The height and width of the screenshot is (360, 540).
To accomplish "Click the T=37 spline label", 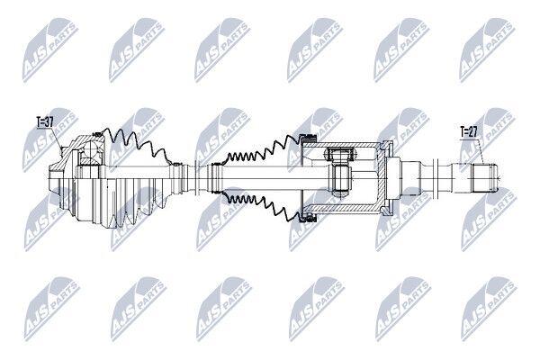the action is (x=45, y=121).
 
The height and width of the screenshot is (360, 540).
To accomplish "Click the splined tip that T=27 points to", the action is (x=484, y=178).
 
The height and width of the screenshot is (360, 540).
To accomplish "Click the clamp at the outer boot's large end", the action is (x=97, y=135).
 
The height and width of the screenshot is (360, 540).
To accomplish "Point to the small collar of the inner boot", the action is (x=216, y=178).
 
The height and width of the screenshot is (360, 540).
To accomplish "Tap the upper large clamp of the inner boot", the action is (x=308, y=139).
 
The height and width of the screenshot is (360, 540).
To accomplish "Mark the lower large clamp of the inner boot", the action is (x=308, y=218).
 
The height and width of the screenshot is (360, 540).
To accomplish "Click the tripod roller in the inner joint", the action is (x=339, y=154).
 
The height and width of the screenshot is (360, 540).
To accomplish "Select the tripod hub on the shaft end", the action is (x=341, y=178).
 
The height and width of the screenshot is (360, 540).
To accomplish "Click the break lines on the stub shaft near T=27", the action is (x=436, y=178).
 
